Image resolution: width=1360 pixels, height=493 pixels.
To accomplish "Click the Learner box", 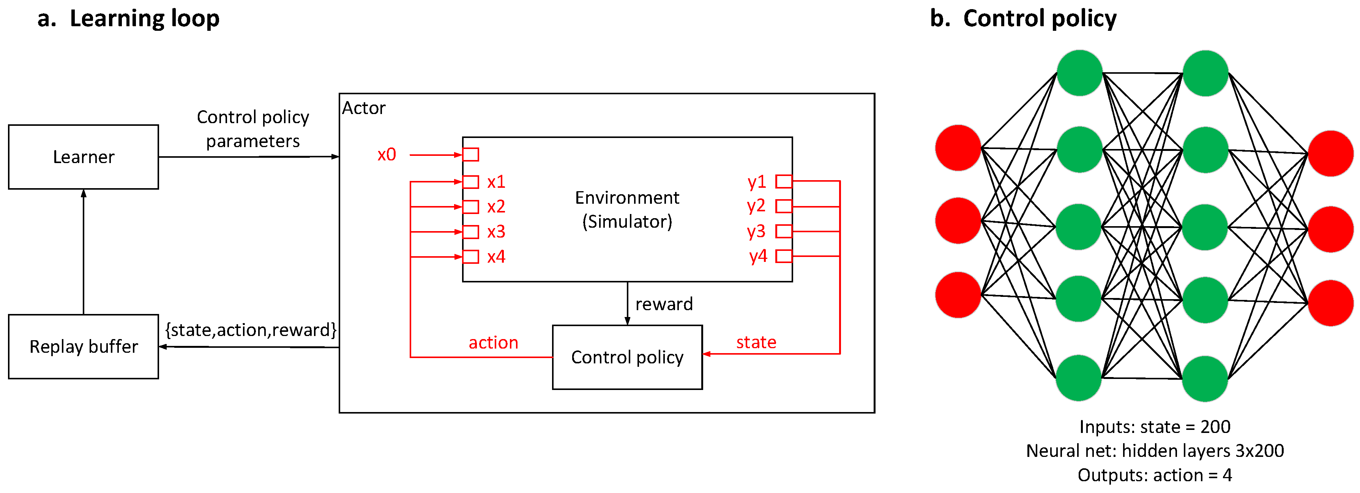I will click(x=84, y=157).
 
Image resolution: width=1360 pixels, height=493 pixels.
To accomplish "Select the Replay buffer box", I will click(x=84, y=347).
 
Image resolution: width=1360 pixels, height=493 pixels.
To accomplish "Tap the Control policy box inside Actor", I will click(x=627, y=357).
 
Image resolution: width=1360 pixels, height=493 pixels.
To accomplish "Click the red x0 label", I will click(x=387, y=154).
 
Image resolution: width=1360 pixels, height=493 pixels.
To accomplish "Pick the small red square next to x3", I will click(x=471, y=231).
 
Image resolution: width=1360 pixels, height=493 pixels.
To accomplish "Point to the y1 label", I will click(x=757, y=182).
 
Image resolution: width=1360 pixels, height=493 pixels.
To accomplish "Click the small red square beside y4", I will click(x=784, y=256).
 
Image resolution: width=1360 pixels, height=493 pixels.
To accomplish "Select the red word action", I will click(x=493, y=342).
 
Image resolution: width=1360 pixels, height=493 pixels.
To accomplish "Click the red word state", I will click(x=756, y=342).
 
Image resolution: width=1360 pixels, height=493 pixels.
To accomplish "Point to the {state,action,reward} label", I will click(x=251, y=330).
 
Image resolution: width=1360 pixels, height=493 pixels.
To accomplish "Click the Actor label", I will click(x=364, y=108).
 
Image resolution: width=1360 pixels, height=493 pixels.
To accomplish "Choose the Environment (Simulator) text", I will click(x=627, y=209).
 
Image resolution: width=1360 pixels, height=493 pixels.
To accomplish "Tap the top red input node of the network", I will click(x=958, y=148).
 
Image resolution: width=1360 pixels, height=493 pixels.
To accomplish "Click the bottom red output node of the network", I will click(x=1330, y=303).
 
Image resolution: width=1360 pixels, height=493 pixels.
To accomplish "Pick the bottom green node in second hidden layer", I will click(x=1205, y=378).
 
